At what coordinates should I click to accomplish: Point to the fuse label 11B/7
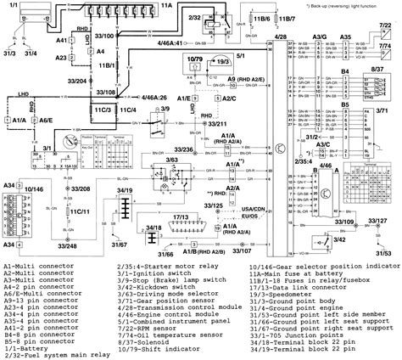[290, 17]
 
